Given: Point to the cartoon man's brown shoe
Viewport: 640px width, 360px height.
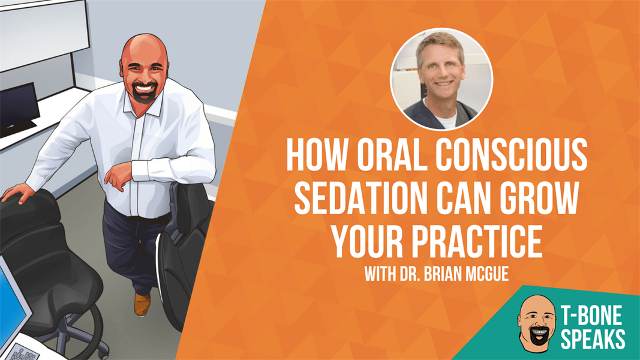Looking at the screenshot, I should pyautogui.click(x=142, y=304).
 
